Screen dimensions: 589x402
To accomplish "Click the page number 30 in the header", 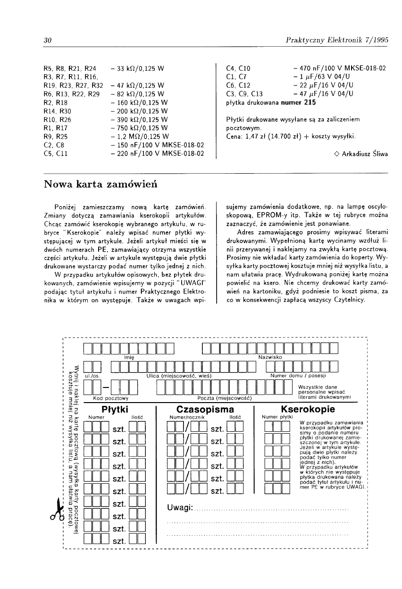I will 47,41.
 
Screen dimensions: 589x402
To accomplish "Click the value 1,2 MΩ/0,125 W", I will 139,136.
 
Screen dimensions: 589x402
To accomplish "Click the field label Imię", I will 129,357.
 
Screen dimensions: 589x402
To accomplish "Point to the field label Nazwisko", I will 270,357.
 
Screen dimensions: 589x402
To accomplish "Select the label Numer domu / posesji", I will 298,376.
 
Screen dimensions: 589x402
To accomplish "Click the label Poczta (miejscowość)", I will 223,398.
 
